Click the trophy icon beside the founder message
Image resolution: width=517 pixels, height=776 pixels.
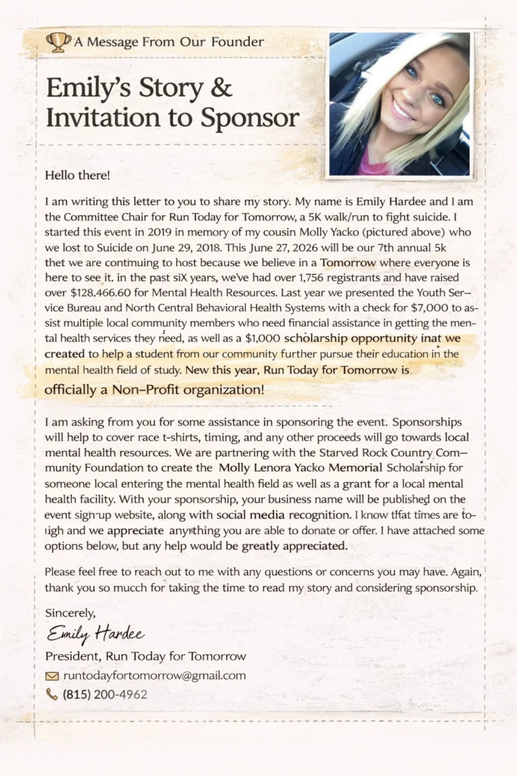(58, 41)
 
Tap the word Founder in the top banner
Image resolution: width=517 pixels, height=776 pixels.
(238, 42)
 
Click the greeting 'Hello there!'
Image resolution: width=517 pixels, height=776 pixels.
(77, 176)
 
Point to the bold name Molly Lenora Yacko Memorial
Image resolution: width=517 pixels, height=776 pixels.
(301, 468)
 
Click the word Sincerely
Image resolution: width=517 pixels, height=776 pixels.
(70, 612)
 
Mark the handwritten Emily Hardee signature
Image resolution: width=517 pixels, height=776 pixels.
(95, 634)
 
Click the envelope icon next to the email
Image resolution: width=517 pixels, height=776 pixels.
(52, 676)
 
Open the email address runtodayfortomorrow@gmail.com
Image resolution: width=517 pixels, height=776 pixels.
(154, 675)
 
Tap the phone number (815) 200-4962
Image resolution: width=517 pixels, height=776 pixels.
(104, 694)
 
